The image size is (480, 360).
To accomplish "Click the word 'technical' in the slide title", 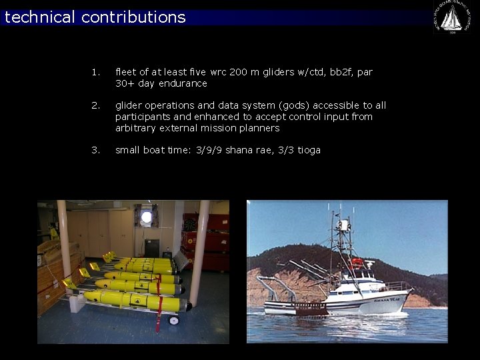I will (x=41, y=17).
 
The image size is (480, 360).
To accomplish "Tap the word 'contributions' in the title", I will (x=133, y=17).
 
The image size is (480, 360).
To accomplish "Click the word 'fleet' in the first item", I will (x=125, y=72).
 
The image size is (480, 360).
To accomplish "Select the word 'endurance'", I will (x=183, y=83).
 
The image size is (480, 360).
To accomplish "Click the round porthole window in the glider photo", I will (x=147, y=217).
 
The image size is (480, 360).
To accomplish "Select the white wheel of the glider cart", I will (x=174, y=321).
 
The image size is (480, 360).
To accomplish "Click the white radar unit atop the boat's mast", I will (x=343, y=226).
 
